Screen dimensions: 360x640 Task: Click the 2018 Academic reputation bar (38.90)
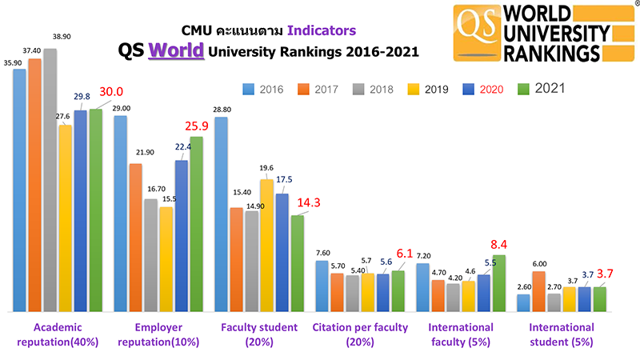(x=50, y=180)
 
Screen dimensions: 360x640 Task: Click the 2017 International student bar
(x=538, y=291)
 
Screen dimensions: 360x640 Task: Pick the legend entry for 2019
(x=426, y=89)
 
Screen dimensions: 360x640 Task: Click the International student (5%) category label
(x=562, y=334)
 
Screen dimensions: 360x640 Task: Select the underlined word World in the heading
(x=175, y=51)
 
